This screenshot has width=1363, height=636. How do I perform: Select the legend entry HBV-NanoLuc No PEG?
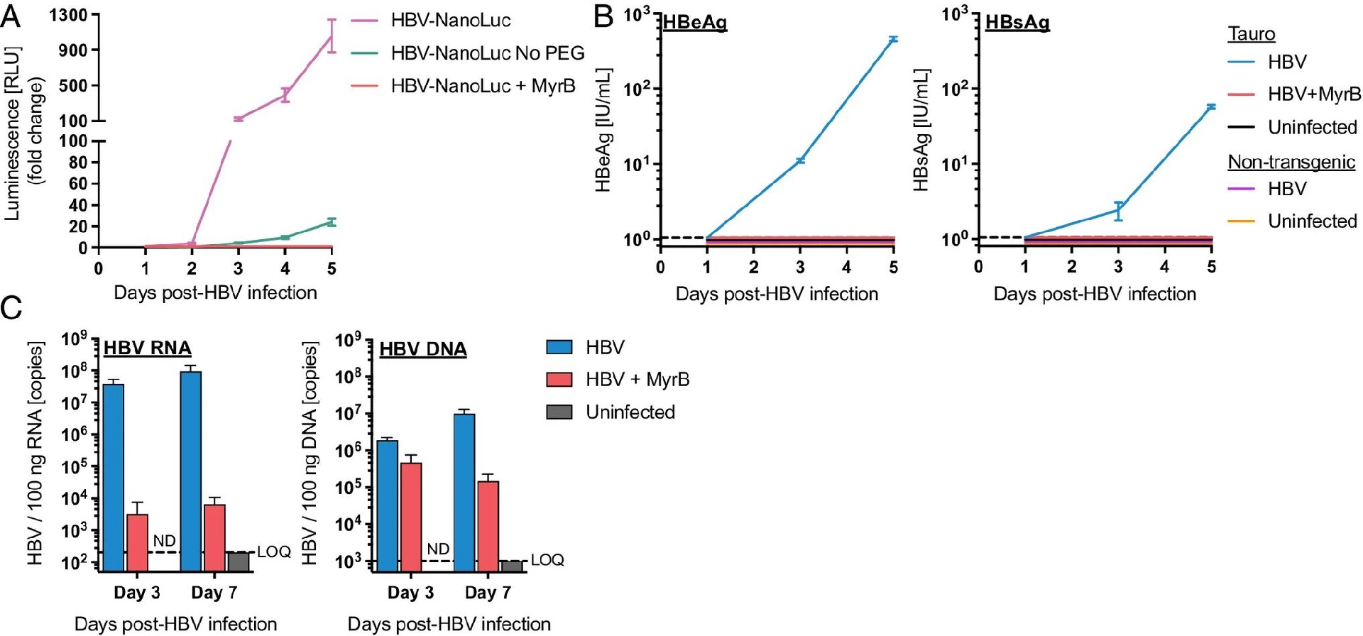click(x=487, y=53)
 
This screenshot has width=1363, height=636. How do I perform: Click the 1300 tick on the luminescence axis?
click(x=68, y=15)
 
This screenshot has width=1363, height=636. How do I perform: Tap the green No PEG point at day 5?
click(x=332, y=222)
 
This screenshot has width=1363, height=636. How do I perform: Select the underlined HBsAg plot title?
click(x=1017, y=23)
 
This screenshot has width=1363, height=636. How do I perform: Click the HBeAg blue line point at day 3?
click(x=800, y=161)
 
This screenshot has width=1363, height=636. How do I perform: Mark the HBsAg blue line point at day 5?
click(x=1210, y=106)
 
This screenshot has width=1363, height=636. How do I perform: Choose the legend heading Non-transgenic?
click(x=1291, y=162)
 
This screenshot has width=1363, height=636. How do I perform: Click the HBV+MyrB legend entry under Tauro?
click(x=1313, y=94)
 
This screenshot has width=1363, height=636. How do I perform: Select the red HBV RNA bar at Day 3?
click(x=137, y=542)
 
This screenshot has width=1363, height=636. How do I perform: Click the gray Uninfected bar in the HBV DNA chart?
click(x=511, y=566)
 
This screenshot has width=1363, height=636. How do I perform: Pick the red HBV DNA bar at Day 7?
click(x=488, y=526)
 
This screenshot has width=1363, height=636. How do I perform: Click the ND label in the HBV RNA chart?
click(x=165, y=541)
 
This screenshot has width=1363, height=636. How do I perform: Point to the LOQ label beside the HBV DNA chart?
click(x=547, y=560)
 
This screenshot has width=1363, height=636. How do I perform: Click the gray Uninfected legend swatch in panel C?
click(x=559, y=412)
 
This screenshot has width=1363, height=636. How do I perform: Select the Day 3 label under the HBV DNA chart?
click(x=410, y=592)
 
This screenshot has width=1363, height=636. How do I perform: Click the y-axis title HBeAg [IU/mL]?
click(x=603, y=131)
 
